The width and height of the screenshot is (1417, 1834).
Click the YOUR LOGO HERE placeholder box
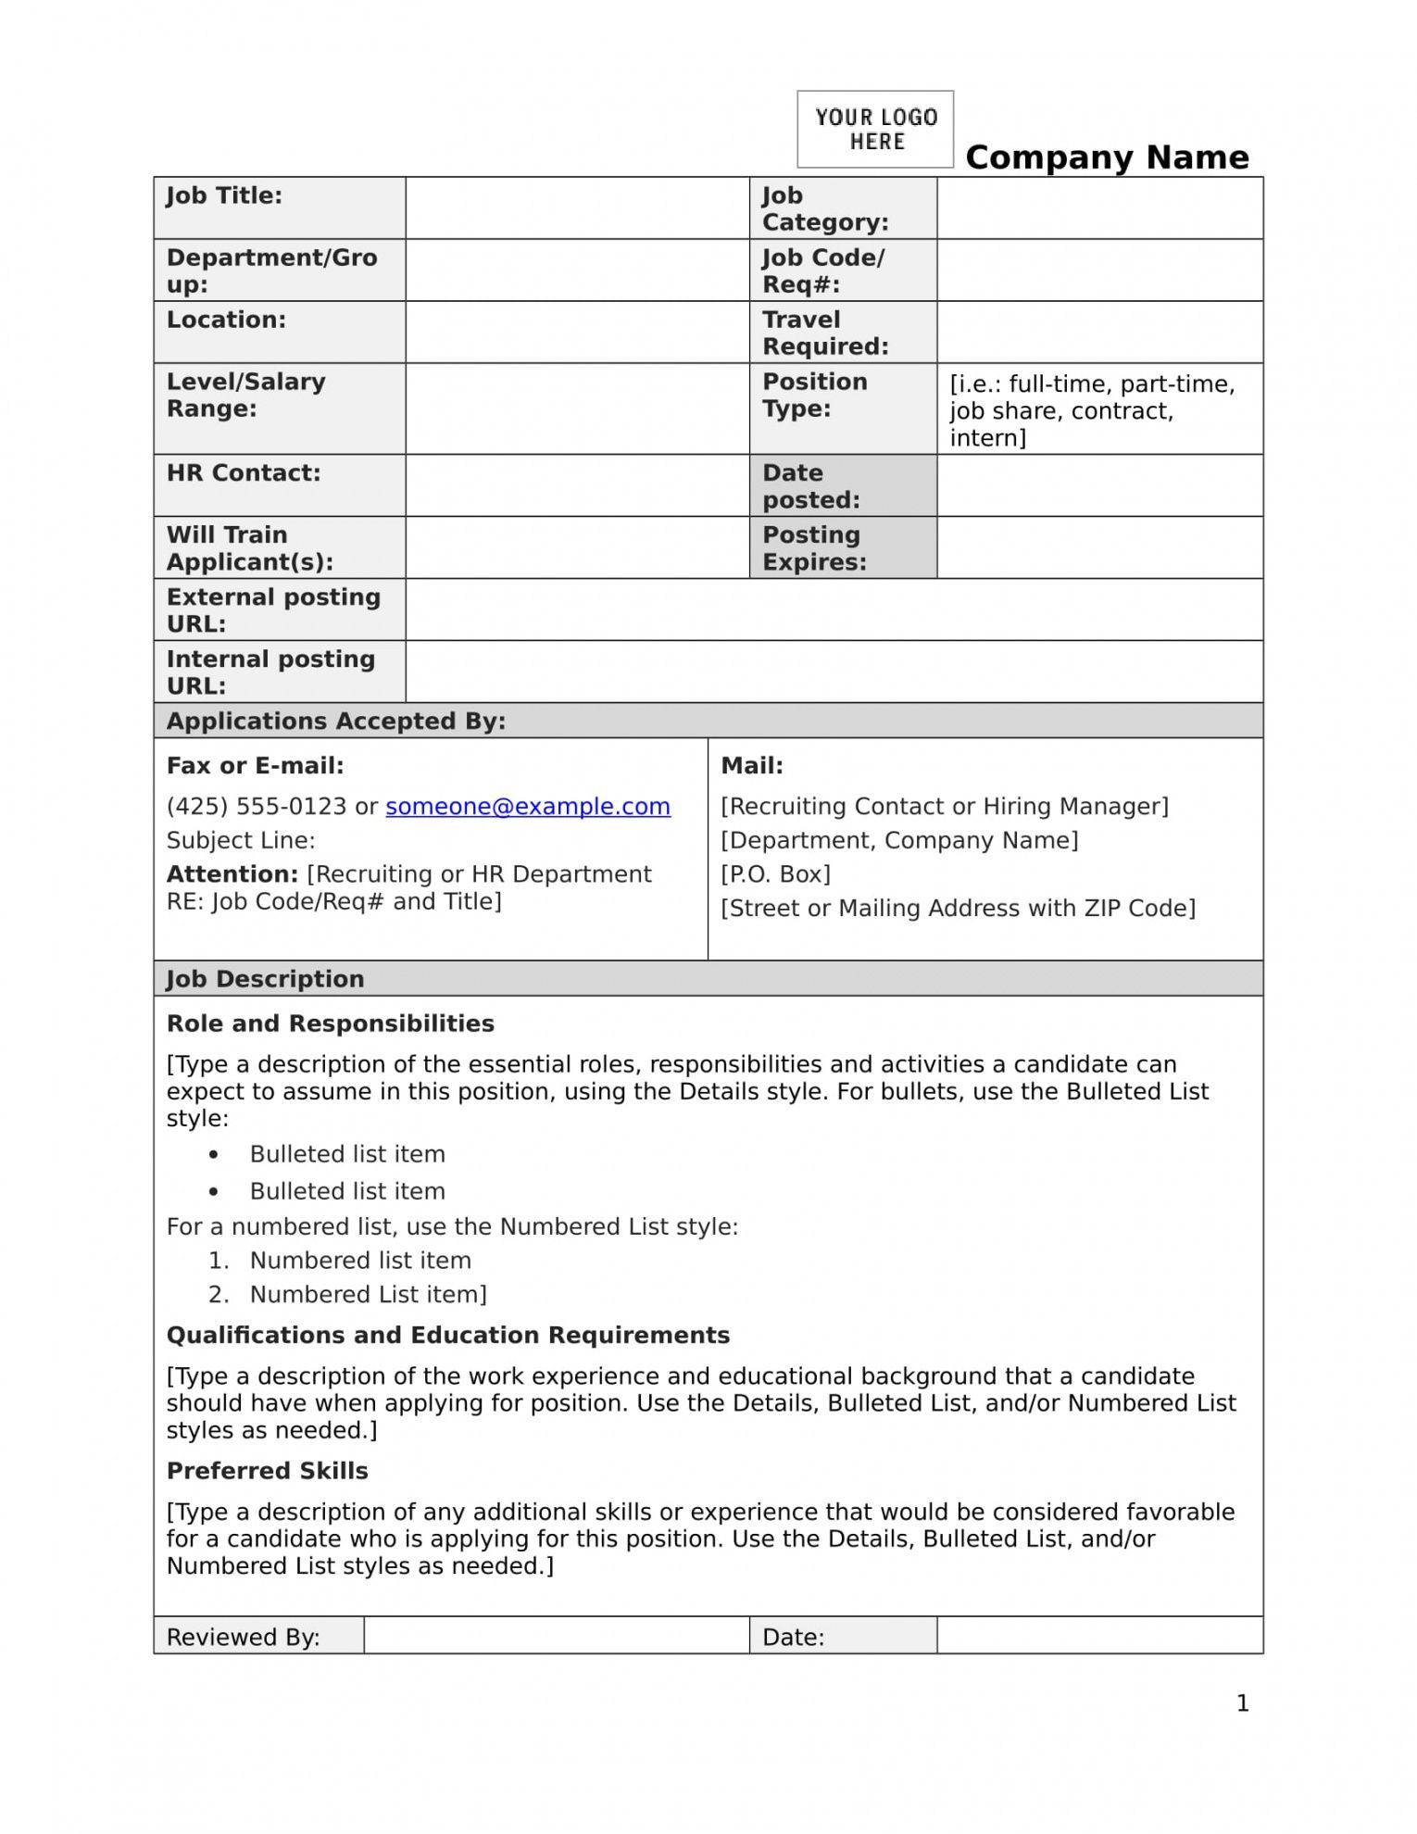(x=875, y=129)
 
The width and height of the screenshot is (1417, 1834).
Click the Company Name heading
(x=1107, y=157)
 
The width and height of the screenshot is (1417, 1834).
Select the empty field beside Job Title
(x=577, y=208)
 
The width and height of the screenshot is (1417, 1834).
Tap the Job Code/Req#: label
(x=823, y=270)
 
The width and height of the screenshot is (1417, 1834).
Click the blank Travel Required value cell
(x=1099, y=332)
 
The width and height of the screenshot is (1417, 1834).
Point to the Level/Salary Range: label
(x=245, y=396)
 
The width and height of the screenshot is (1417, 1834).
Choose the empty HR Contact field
(x=577, y=485)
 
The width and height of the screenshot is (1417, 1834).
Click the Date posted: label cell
(x=810, y=486)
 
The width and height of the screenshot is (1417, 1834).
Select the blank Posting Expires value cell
(x=1099, y=547)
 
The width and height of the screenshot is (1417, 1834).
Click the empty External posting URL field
(x=834, y=609)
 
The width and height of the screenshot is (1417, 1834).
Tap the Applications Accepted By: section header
(x=336, y=722)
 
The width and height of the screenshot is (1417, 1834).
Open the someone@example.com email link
(x=528, y=807)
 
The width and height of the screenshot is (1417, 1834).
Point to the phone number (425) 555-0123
(x=257, y=807)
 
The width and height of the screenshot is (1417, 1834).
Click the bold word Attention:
(x=232, y=874)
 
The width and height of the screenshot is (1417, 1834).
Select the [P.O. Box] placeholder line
(x=775, y=874)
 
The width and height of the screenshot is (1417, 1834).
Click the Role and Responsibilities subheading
(x=331, y=1024)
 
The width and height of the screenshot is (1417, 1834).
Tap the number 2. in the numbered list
(x=219, y=1295)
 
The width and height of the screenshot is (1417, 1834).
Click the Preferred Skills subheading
(x=268, y=1471)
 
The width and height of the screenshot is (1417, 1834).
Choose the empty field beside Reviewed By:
(x=556, y=1636)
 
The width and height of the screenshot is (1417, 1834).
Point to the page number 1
(x=1243, y=1703)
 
